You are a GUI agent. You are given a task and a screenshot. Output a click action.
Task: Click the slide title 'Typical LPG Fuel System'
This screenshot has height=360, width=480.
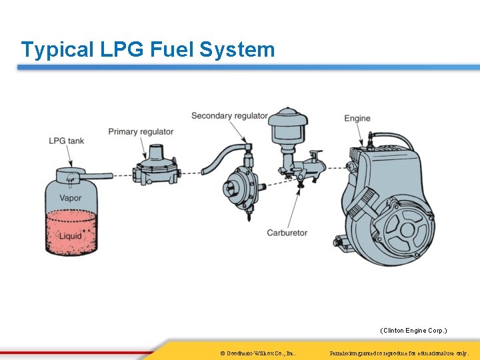147,49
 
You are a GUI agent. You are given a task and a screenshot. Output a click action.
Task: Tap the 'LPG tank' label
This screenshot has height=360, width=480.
66,141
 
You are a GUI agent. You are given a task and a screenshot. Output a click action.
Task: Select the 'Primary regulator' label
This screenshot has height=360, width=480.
141,132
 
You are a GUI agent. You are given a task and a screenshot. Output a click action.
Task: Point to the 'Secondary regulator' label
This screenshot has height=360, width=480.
229,116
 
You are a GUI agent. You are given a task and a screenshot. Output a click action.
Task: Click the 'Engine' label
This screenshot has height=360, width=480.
357,119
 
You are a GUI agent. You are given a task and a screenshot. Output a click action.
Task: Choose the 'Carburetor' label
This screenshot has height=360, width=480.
287,233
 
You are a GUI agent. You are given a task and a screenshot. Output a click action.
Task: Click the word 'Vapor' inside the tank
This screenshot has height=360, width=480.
70,198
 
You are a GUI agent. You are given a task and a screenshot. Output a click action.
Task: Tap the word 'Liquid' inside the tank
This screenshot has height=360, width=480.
70,235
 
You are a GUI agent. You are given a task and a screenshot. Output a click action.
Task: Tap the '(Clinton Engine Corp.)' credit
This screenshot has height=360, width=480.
413,331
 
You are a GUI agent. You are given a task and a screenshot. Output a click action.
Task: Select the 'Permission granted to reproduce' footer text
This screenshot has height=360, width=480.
399,352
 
